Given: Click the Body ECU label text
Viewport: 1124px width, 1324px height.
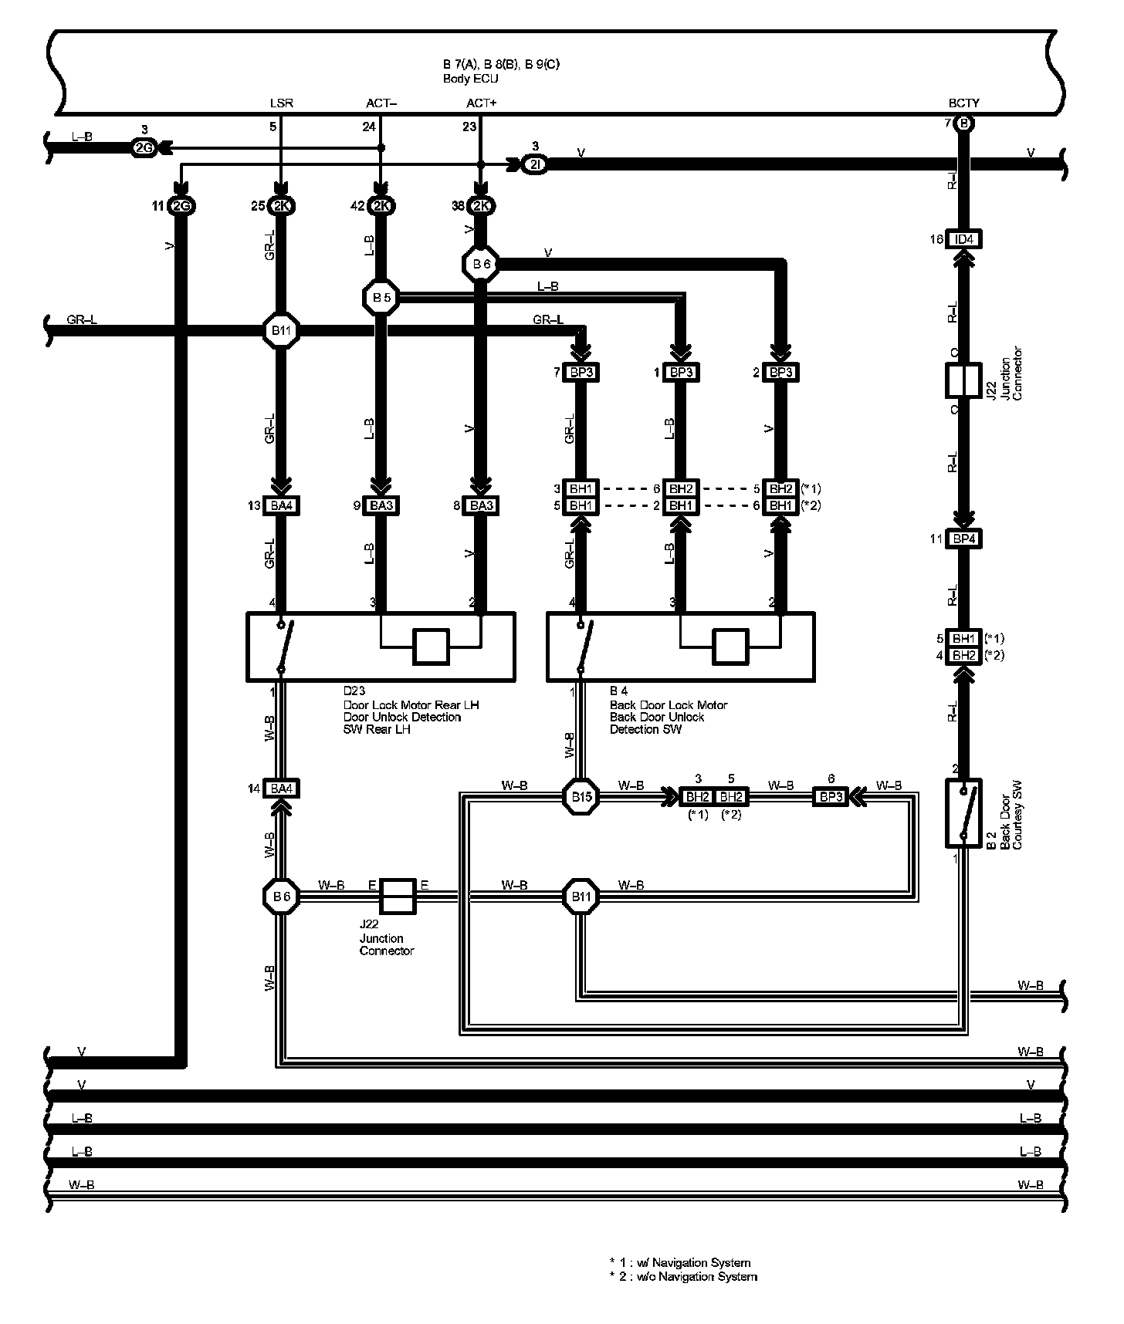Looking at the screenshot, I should pos(470,79).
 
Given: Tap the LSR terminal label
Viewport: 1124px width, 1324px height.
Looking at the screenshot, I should pos(281,103).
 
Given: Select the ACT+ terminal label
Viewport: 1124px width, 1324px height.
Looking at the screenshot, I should pos(481,103).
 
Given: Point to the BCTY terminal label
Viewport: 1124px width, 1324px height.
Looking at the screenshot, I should pos(963,103).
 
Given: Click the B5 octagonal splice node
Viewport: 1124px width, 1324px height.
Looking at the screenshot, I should pos(381,297).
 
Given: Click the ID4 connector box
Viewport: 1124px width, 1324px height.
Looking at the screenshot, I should pos(964,239).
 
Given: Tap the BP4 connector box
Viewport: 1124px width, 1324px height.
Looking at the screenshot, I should pos(964,539).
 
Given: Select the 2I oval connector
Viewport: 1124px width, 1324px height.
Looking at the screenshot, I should pos(534,165).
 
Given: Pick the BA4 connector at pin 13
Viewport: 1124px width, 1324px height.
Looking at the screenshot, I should pos(281,506).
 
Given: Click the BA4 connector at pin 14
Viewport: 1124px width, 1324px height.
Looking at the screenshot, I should pos(281,789).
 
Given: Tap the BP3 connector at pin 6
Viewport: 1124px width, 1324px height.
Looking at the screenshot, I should pos(831,796).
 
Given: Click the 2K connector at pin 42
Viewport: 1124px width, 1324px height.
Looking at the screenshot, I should pos(381,207).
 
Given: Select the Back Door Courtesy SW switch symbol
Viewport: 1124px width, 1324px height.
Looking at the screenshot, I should pos(963,813).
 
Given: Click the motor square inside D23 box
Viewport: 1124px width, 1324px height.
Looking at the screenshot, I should pos(431,647).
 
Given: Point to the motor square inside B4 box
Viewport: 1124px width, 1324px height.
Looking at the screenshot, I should pos(730,647).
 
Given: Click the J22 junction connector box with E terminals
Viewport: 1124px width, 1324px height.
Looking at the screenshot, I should pos(398,897).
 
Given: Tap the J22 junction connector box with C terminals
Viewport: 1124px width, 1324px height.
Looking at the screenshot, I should pos(963,381).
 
